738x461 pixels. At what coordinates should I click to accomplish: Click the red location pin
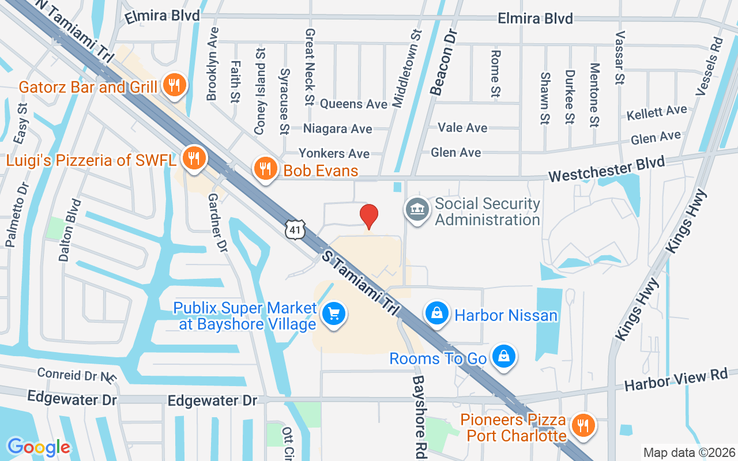pos(369,216)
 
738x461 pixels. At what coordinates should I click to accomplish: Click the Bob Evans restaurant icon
pos(265,169)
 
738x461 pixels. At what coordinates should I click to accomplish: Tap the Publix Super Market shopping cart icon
pos(333,314)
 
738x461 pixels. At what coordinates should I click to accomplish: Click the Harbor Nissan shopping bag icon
pos(437,313)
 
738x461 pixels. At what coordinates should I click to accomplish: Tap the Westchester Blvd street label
pos(606,169)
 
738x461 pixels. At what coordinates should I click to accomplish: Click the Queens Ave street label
pos(353,104)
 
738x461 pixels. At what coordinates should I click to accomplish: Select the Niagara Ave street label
pos(337,129)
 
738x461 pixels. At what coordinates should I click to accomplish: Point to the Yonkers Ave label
pos(334,153)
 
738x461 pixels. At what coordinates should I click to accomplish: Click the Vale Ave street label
pos(462,127)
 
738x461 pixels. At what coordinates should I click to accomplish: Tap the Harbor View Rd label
pos(676,380)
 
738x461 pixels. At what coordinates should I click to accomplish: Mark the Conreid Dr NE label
pos(76,375)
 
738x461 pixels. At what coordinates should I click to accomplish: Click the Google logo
pos(39,447)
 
